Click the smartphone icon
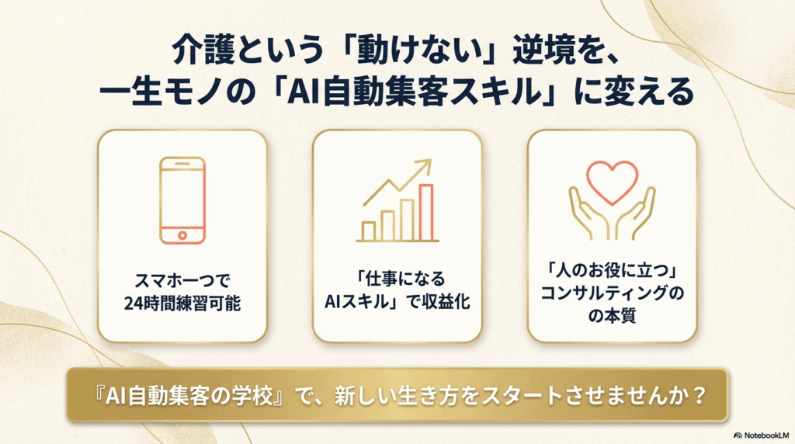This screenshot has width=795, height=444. tap(182, 201)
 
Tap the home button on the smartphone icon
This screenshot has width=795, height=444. tap(182, 235)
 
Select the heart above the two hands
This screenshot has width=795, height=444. tap(612, 182)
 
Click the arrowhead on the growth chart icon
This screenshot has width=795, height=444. tap(424, 166)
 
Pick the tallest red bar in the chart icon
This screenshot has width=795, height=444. tap(426, 212)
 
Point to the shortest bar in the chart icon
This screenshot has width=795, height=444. tap(368, 231)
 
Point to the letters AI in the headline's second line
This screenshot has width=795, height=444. tap(304, 92)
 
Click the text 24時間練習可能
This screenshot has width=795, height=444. tap(182, 303)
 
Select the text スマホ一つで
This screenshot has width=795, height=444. tap(182, 280)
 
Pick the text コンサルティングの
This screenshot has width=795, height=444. tap(612, 293)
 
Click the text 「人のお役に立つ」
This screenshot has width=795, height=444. tap(612, 270)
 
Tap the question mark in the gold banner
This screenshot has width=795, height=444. tap(700, 395)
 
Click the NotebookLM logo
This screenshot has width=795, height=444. tap(761, 435)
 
